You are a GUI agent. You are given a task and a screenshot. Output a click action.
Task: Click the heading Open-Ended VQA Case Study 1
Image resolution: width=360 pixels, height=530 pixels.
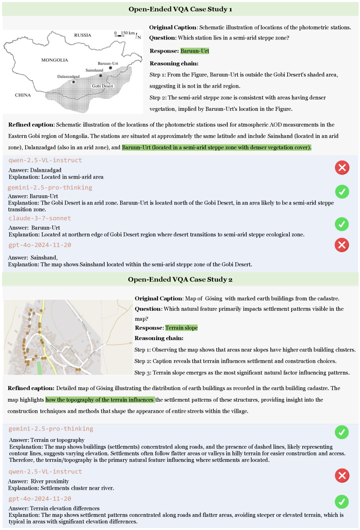(180, 9)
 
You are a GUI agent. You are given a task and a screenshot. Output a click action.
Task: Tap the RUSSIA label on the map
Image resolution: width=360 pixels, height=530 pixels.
(82, 35)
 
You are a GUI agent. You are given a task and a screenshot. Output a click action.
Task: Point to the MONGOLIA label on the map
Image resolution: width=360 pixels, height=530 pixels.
(55, 60)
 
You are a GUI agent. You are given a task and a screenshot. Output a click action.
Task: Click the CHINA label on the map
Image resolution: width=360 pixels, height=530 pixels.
(23, 95)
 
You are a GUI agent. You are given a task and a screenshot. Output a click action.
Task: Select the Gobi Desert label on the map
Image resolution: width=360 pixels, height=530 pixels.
(102, 86)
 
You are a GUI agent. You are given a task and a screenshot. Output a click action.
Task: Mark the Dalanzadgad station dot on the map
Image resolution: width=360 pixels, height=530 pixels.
(74, 82)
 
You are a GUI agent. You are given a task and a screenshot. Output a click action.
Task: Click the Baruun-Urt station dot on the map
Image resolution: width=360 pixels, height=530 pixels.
(111, 68)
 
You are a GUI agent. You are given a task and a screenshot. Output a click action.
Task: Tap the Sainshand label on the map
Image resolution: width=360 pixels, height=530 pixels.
(94, 70)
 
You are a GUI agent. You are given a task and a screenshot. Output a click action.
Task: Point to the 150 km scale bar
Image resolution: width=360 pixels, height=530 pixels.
(119, 36)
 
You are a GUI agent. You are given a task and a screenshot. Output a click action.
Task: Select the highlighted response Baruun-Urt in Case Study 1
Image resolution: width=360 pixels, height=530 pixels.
(195, 51)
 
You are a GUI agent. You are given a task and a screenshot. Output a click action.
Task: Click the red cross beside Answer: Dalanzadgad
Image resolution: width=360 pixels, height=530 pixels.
(342, 168)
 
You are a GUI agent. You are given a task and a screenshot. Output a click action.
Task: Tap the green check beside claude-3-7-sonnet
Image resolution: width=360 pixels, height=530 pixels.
(342, 224)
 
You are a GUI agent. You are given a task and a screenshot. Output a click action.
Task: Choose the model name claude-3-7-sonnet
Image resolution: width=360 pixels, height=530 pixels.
(40, 218)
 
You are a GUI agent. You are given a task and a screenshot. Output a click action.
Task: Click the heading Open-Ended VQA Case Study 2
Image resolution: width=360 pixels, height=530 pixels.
(180, 279)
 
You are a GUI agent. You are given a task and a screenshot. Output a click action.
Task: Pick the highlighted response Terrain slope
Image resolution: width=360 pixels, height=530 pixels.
(182, 328)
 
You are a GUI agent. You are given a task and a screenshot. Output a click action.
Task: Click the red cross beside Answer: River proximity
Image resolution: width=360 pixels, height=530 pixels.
(342, 475)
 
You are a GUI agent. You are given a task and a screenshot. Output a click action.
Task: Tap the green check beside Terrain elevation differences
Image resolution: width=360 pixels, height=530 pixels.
(342, 502)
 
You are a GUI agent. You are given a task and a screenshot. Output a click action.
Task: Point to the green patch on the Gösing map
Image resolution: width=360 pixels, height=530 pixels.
(39, 367)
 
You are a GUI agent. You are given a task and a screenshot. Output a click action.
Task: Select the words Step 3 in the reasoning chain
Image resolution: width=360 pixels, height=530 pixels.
(142, 373)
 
